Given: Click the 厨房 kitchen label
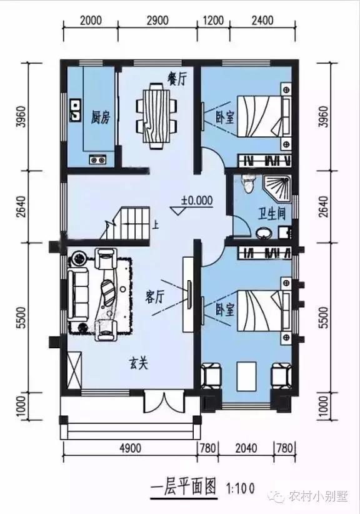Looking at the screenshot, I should (x=100, y=117).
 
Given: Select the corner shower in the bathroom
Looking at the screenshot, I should (x=279, y=186).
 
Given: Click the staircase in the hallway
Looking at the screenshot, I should (x=134, y=223).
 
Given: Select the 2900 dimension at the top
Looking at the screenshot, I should (x=157, y=20).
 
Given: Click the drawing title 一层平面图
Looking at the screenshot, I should (x=183, y=486).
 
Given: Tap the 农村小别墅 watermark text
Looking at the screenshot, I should (x=316, y=496).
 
